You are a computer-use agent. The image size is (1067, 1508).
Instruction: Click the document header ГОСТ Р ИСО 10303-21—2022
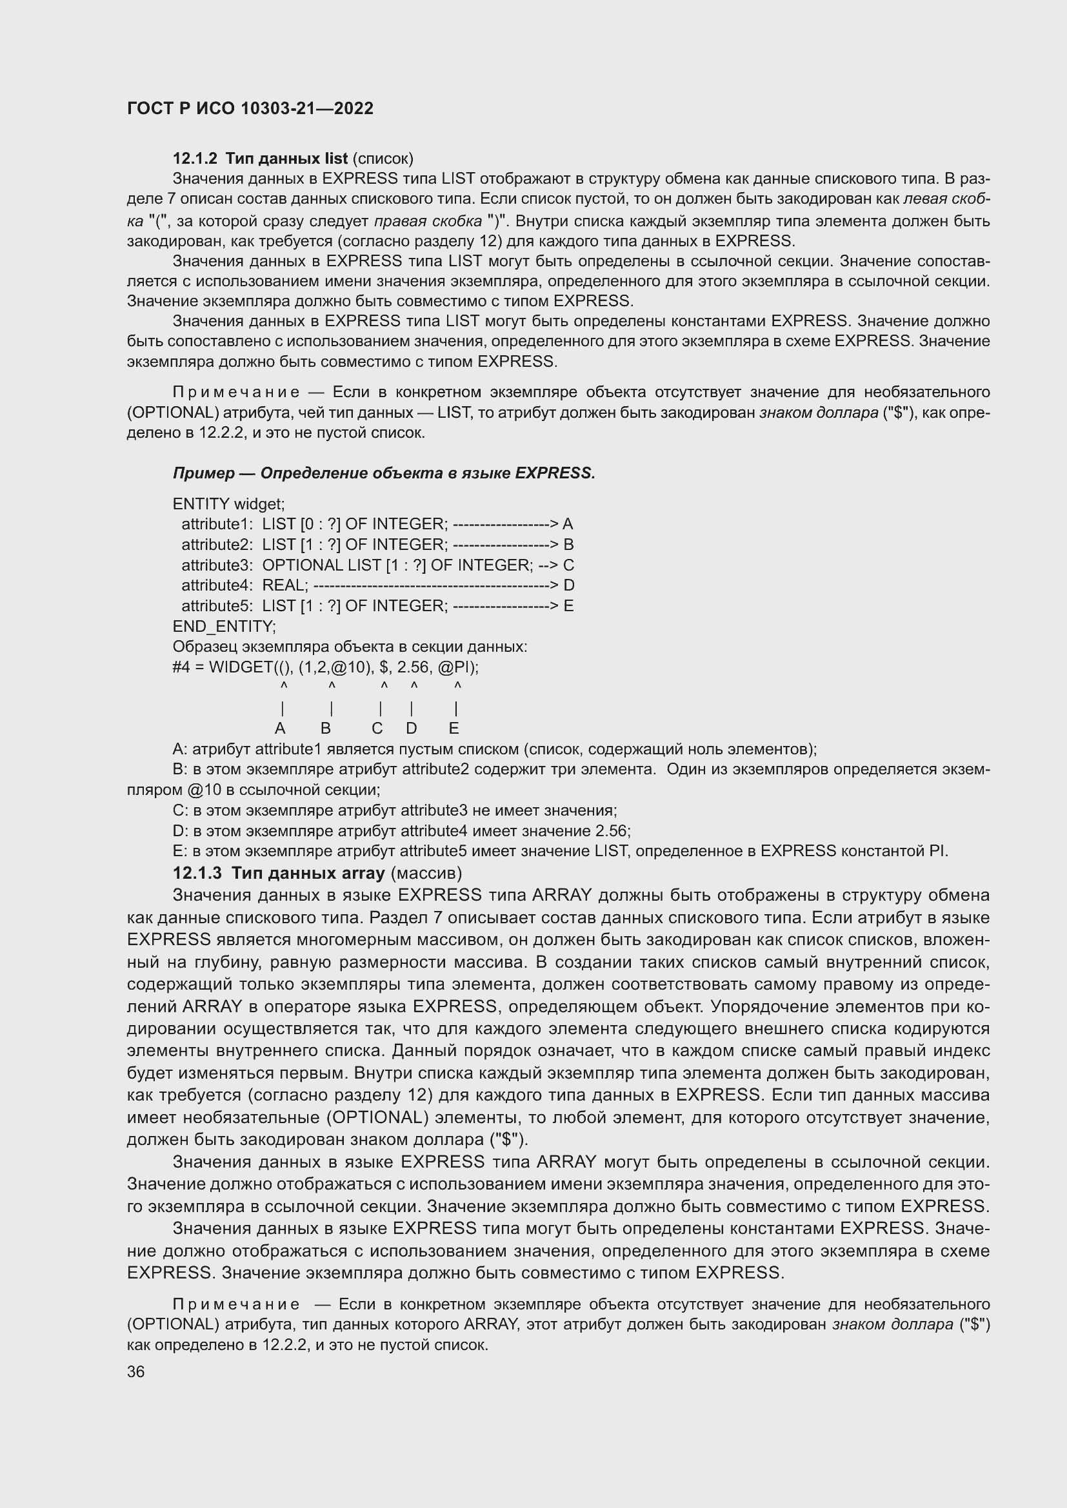(x=250, y=109)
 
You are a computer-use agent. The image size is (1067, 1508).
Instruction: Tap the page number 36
(x=136, y=1371)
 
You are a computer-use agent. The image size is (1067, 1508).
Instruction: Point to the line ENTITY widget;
(x=228, y=504)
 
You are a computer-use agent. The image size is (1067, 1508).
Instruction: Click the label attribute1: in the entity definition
(x=217, y=524)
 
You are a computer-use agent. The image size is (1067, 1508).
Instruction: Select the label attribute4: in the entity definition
(x=217, y=585)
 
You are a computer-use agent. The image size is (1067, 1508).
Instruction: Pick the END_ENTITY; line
(x=224, y=626)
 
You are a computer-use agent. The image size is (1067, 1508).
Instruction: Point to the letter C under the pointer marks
(x=377, y=729)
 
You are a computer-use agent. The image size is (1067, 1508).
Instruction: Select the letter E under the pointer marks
(x=454, y=729)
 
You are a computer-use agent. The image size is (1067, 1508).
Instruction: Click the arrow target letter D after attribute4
(x=569, y=585)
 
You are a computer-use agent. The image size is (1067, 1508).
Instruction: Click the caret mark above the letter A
(x=284, y=687)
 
